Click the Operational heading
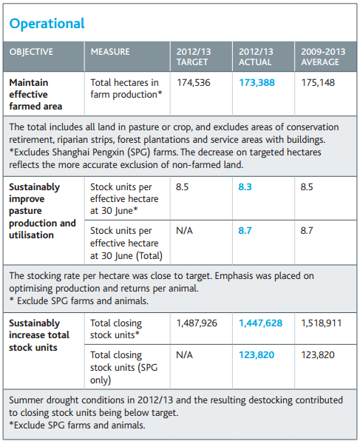[x=47, y=24]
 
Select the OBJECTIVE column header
[x=31, y=52]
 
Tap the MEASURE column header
[x=110, y=52]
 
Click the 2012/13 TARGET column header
[x=194, y=57]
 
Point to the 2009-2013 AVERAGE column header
[x=323, y=57]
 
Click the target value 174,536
[x=194, y=83]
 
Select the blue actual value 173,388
[x=257, y=83]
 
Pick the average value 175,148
[x=318, y=83]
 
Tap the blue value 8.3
[x=245, y=187]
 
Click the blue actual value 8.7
[x=245, y=230]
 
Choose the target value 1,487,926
[x=197, y=323]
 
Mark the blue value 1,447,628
[x=261, y=323]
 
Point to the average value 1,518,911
[x=322, y=323]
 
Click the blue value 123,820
[x=257, y=354]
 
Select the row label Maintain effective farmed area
[x=35, y=94]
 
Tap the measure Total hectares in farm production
[x=126, y=89]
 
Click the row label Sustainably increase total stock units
[x=39, y=335]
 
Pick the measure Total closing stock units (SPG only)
[x=124, y=367]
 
